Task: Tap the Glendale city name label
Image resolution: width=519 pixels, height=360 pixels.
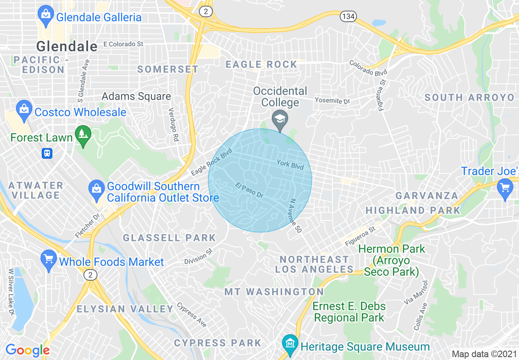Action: [x=67, y=46]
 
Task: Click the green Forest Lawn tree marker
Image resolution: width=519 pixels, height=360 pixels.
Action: [x=83, y=136]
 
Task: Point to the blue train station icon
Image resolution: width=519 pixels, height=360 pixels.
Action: [x=47, y=153]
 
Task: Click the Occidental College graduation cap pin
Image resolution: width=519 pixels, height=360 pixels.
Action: [x=280, y=120]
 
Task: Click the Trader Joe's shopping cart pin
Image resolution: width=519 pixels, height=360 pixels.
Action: [x=505, y=188]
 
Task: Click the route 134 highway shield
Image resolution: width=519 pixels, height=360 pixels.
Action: [x=348, y=16]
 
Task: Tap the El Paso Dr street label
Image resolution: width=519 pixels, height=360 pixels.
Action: [x=249, y=191]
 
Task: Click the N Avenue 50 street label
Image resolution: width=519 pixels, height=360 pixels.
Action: [x=295, y=216]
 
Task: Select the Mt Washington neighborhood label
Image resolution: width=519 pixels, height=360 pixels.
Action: [x=274, y=292]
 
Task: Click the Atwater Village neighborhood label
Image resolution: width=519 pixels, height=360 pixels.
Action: [x=36, y=190]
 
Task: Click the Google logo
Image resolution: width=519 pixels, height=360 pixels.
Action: [x=27, y=350]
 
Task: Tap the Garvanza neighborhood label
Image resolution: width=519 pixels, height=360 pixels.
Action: [x=427, y=196]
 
